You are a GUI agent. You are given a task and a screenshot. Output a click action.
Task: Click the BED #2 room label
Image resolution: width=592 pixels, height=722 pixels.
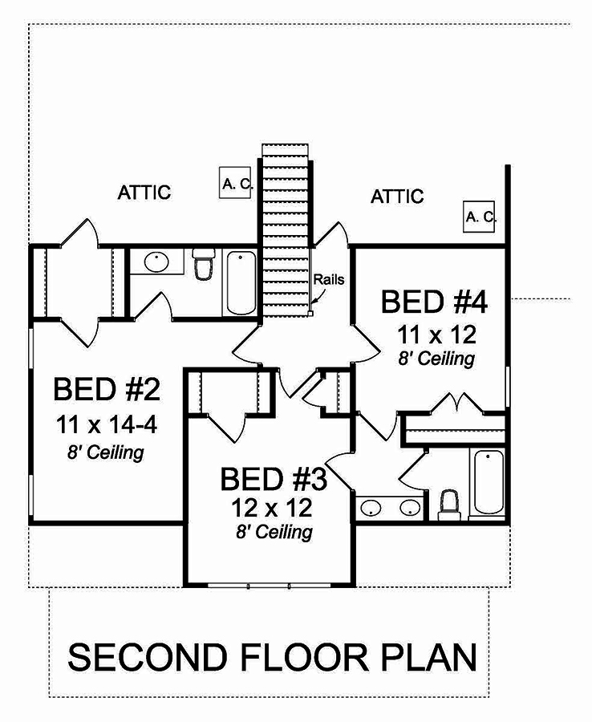(107, 391)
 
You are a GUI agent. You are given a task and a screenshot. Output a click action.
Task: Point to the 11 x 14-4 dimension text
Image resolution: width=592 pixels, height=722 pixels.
(107, 423)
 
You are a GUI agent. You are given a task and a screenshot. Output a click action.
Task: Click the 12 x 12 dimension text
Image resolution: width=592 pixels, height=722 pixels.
(273, 507)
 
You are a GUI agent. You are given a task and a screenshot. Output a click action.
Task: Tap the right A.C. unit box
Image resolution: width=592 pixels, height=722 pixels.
(481, 216)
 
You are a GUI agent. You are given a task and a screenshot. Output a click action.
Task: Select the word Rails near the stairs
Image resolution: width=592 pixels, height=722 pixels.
(329, 280)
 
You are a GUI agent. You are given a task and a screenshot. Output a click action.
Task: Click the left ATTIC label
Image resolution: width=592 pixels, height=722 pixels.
(144, 193)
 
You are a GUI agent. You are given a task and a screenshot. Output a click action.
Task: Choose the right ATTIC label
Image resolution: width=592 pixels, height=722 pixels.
(397, 196)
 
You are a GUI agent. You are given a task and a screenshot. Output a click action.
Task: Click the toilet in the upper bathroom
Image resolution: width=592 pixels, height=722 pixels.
(204, 265)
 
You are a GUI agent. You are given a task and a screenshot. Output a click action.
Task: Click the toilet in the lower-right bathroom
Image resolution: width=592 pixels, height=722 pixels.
(450, 503)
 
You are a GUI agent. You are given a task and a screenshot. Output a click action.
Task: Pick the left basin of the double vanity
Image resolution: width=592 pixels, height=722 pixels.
(371, 508)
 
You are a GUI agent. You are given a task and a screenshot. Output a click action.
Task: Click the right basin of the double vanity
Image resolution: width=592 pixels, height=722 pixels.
(410, 508)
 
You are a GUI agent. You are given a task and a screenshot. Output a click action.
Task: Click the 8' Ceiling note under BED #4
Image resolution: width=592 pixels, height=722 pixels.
(436, 358)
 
